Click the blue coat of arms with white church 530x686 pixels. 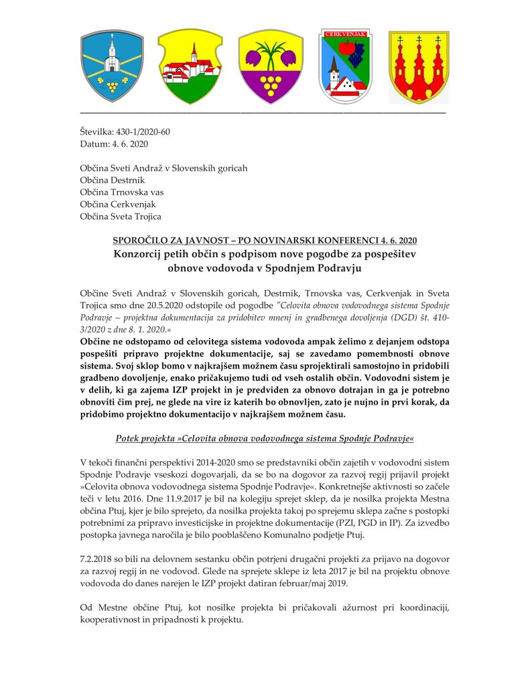[112, 66]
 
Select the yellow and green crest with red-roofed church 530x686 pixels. [190, 66]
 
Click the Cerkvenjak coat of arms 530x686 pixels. [345, 66]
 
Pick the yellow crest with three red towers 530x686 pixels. [419, 66]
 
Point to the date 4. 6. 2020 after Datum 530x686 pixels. [129, 144]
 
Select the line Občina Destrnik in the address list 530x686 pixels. [113, 180]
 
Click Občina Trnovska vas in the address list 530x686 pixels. [122, 192]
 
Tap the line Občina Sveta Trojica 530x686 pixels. [121, 216]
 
